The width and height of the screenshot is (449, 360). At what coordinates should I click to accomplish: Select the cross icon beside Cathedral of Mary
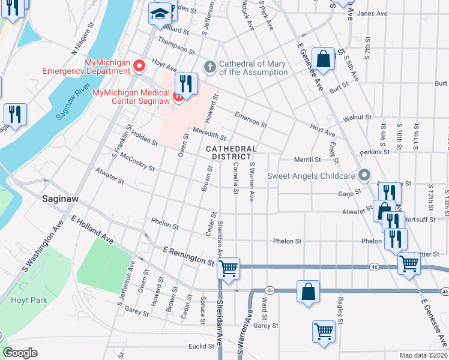click(x=209, y=66)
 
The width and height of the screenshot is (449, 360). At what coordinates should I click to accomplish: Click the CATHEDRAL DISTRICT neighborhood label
click(x=231, y=152)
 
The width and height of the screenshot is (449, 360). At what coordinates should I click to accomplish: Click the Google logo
click(x=20, y=353)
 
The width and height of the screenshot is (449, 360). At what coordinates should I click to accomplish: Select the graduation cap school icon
click(x=160, y=14)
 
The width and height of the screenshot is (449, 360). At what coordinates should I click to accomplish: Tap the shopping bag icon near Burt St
click(x=323, y=59)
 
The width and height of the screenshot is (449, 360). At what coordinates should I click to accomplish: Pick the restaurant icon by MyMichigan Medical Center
click(x=186, y=84)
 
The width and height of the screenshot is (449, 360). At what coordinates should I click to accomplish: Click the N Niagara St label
click(x=84, y=44)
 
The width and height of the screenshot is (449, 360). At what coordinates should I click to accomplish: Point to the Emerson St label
click(x=250, y=119)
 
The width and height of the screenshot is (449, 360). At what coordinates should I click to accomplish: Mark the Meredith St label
click(x=209, y=135)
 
